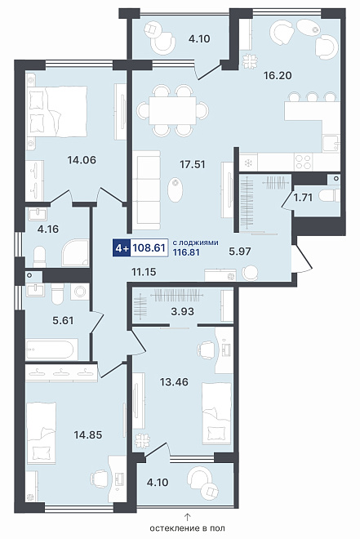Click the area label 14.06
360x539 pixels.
(x=82, y=160)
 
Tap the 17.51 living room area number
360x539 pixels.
(x=193, y=164)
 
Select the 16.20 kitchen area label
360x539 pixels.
(x=278, y=75)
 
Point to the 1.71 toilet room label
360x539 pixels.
(x=303, y=198)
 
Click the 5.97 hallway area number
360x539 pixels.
(x=240, y=251)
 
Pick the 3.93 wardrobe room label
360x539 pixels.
(x=182, y=311)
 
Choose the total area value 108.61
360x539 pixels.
(x=149, y=247)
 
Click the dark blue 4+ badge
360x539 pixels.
(x=122, y=247)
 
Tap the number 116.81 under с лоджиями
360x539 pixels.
(x=186, y=252)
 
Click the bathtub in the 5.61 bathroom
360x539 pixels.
(x=50, y=350)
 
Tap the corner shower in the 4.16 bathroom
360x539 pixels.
(x=76, y=253)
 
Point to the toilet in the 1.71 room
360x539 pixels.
(x=329, y=196)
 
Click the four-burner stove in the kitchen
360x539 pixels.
(x=304, y=162)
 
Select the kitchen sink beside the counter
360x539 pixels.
(x=331, y=144)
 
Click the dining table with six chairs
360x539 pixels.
(x=172, y=110)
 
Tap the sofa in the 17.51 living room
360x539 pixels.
(x=147, y=190)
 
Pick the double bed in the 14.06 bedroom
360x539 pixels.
(x=56, y=110)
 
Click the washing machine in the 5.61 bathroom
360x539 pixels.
(x=80, y=292)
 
